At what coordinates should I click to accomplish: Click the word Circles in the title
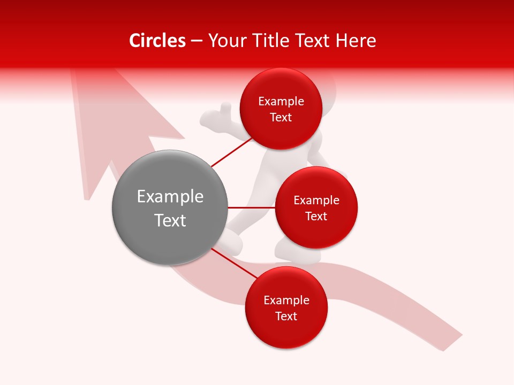157,41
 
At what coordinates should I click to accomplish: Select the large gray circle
170,207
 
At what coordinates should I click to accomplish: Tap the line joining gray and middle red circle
251,207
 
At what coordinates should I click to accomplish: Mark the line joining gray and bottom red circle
234,264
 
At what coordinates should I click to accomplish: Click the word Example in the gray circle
170,197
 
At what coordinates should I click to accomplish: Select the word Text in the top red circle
281,118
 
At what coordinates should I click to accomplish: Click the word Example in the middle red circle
316,201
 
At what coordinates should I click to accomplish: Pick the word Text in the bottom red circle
286,317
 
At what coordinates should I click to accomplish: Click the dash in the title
196,41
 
